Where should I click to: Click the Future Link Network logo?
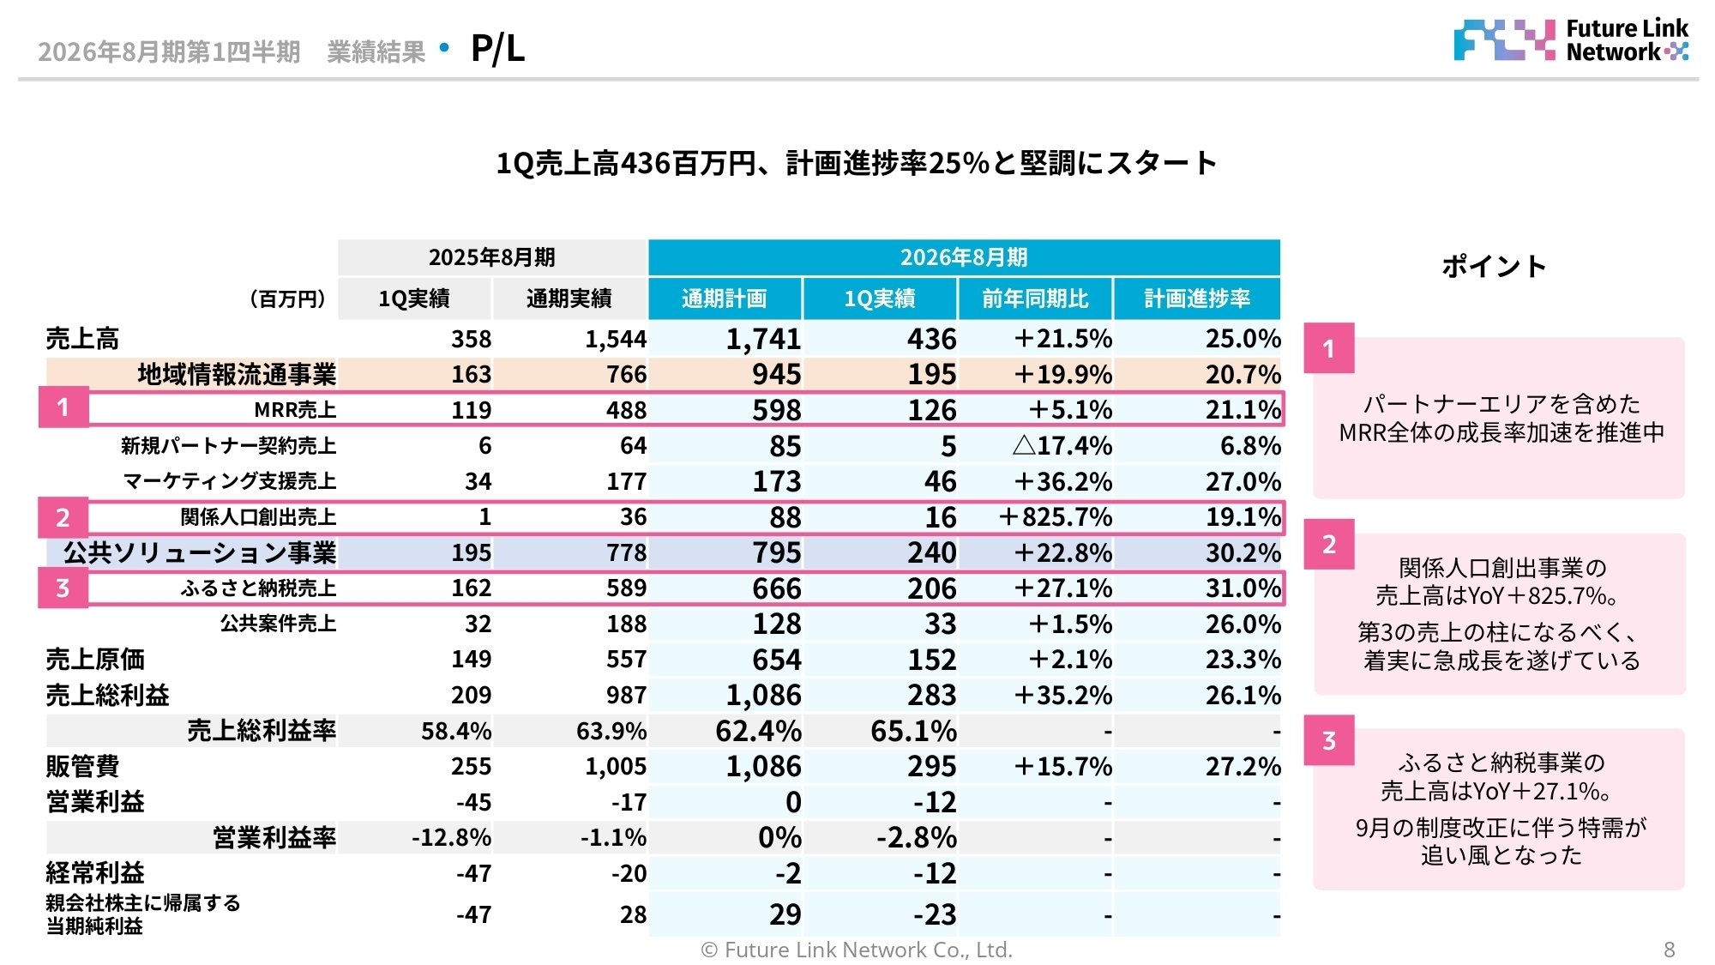point(1570,40)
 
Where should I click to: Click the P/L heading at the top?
point(497,49)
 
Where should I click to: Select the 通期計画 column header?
point(725,299)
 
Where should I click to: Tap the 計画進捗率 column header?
point(1197,299)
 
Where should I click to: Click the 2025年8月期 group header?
point(492,257)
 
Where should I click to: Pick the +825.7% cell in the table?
point(1055,517)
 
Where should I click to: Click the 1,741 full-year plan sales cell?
point(763,339)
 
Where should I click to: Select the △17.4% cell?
point(1062,446)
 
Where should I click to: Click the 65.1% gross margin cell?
point(913,731)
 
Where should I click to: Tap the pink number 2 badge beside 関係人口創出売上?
point(63,517)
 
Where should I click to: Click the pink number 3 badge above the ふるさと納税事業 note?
point(1329,740)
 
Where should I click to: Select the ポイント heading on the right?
point(1494,266)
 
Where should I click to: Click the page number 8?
point(1669,950)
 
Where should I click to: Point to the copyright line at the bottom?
point(857,950)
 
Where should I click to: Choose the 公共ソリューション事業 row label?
point(200,553)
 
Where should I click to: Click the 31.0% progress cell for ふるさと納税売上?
point(1243,588)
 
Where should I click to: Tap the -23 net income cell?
point(934,914)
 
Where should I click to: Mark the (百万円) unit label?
point(287,299)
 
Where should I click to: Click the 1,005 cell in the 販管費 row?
point(615,767)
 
